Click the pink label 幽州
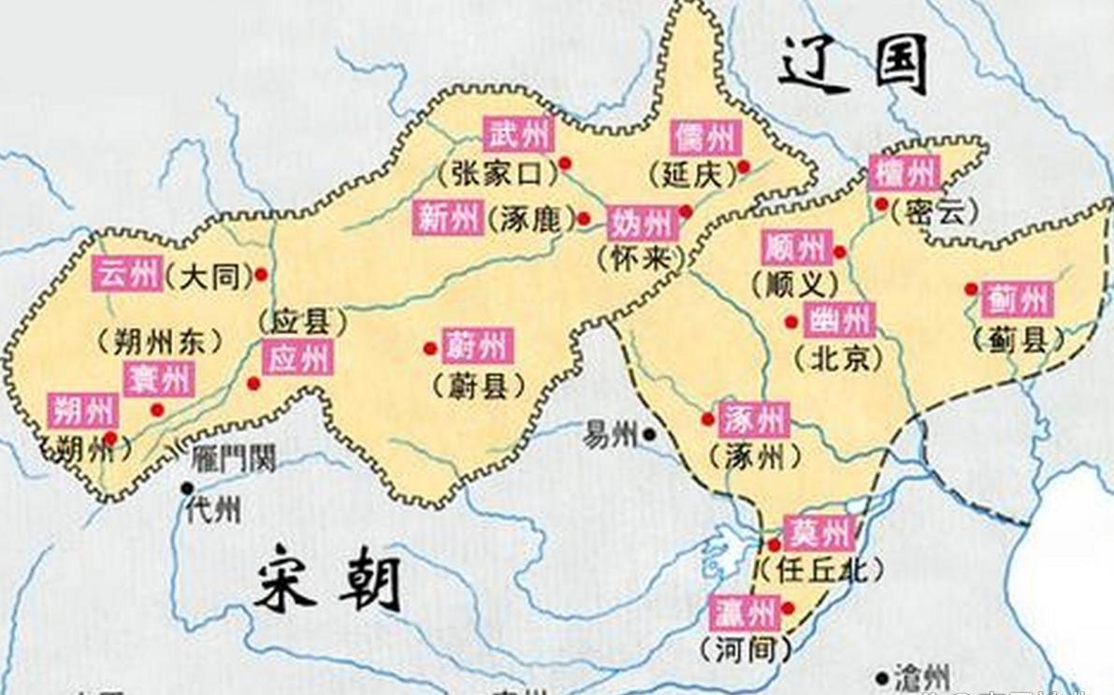(839, 320)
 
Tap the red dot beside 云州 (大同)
(261, 274)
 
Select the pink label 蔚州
(477, 346)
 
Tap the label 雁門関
(233, 458)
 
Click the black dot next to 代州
(188, 487)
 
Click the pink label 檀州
(904, 174)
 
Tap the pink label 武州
(518, 136)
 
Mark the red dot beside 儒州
(744, 167)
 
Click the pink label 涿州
(754, 420)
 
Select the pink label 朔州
(83, 410)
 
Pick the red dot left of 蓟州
(971, 289)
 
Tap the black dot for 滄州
(881, 676)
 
